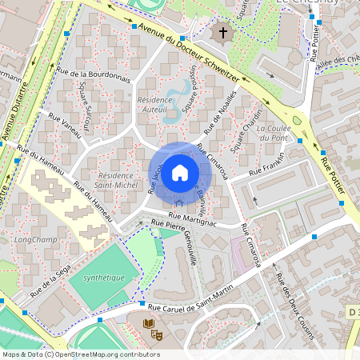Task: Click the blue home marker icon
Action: pos(180,172)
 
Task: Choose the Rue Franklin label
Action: pos(266,170)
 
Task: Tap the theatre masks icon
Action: pos(158,334)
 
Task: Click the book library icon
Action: pos(148,324)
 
